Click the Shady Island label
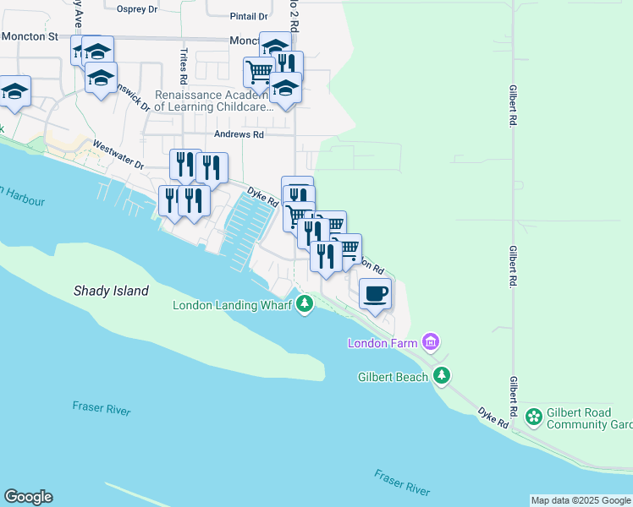[110, 291]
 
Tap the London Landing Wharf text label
[232, 305]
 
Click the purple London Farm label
[383, 342]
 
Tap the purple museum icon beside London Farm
[431, 342]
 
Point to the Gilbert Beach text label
[393, 377]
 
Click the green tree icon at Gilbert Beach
[441, 376]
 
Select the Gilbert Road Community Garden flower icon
[534, 417]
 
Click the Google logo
[28, 497]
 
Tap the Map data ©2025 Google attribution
[580, 500]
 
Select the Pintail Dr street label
[249, 16]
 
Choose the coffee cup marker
[375, 294]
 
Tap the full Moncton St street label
[29, 37]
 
